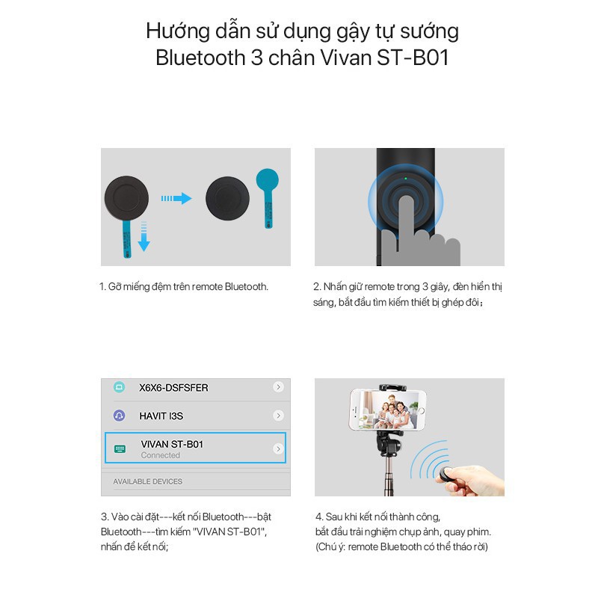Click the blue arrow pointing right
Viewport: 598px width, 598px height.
pos(176,198)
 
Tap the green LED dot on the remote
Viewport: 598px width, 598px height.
pos(405,178)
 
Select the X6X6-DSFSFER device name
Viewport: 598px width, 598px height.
pos(173,388)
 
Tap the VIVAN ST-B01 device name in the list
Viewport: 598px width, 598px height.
pos(172,444)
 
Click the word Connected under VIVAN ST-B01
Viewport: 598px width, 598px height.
pos(161,455)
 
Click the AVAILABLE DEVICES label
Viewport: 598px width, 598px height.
pos(147,481)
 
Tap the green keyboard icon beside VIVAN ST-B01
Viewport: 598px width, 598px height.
pos(120,449)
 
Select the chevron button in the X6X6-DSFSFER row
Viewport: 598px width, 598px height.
pos(278,387)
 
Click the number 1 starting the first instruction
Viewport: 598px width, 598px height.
pos(102,286)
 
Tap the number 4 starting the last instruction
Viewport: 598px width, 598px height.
pos(318,517)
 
